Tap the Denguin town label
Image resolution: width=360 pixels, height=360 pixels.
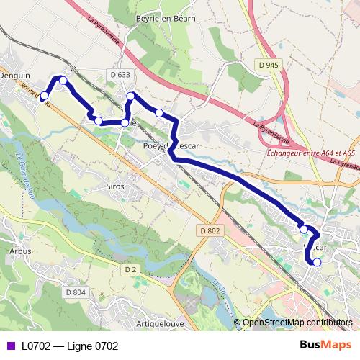(15, 75)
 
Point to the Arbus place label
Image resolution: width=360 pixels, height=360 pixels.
(21, 251)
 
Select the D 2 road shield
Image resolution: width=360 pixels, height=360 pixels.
(130, 269)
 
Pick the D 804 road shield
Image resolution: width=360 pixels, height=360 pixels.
(75, 292)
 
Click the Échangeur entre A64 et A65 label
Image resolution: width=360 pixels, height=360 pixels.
(310, 153)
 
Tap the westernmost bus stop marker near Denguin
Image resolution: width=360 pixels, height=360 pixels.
(44, 96)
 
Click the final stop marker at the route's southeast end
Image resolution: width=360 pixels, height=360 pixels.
(317, 262)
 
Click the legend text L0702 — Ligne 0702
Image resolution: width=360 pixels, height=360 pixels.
(70, 346)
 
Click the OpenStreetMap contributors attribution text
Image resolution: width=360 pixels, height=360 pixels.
(297, 323)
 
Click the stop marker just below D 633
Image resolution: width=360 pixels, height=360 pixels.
(130, 96)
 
